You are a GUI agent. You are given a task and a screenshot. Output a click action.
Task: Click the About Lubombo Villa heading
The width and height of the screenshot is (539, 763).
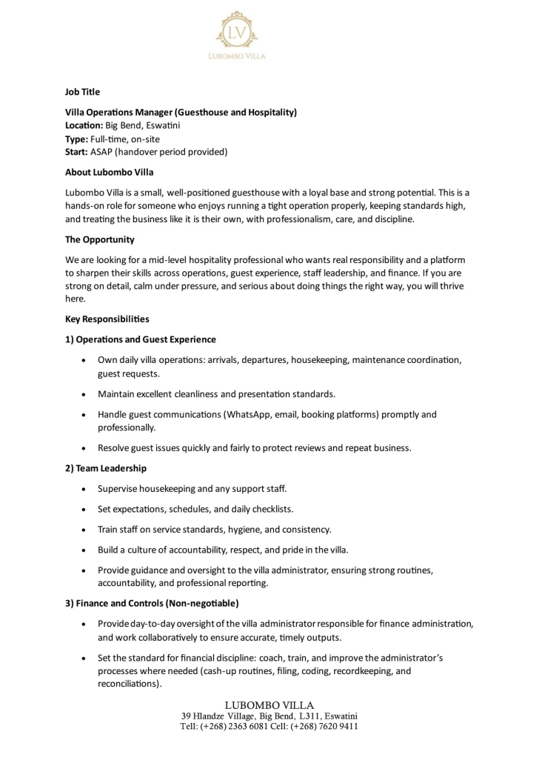pos(109,173)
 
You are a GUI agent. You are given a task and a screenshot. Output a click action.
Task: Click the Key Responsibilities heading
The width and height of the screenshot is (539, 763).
pos(107,319)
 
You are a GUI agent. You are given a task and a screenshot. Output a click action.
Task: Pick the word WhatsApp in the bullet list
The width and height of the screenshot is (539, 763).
pos(226,415)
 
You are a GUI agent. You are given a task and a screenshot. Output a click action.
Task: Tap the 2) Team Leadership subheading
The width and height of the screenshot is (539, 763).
pos(106,468)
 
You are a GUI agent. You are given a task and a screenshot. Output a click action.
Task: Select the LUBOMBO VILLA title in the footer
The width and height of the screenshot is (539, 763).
pos(269,704)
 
